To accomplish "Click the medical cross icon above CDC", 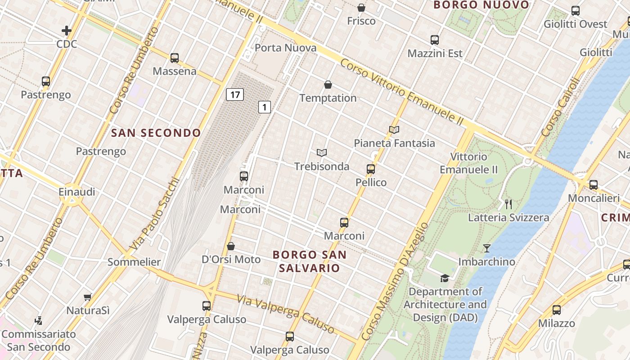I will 67,31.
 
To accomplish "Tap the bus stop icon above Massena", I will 175,58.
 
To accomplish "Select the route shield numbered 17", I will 234,94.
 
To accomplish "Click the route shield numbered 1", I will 265,107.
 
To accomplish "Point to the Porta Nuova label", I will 280,48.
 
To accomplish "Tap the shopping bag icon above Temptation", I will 328,85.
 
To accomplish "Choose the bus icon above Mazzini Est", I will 435,40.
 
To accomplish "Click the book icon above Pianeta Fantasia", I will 394,130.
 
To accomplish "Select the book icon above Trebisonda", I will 321,153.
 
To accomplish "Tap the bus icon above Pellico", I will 371,169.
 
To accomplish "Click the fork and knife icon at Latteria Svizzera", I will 508,204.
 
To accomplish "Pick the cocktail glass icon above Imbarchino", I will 486,248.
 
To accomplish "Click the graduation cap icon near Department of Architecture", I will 445,278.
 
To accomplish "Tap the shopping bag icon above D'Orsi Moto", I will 231,246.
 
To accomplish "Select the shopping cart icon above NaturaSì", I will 88,297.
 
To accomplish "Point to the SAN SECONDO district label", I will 156,133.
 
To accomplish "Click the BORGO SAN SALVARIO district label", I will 310,261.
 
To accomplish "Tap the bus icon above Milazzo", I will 557,310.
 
